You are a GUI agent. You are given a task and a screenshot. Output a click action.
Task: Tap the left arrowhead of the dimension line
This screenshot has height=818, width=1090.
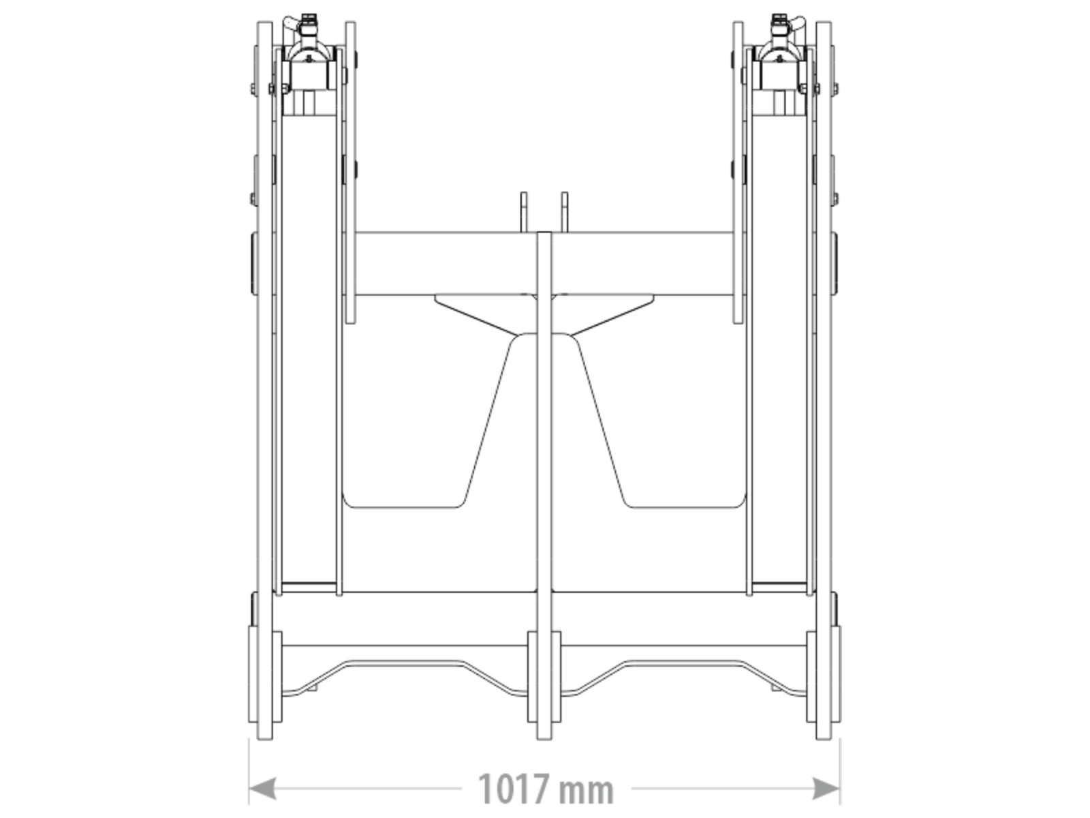click(x=262, y=789)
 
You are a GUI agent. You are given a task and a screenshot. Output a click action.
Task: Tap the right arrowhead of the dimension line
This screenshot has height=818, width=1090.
click(x=826, y=789)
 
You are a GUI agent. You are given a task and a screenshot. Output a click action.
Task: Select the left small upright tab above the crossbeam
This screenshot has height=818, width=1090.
click(x=523, y=212)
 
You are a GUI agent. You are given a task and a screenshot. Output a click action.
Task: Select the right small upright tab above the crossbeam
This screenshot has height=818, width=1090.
click(x=565, y=212)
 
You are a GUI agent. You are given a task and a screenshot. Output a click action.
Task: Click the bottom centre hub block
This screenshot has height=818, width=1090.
click(x=544, y=677)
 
